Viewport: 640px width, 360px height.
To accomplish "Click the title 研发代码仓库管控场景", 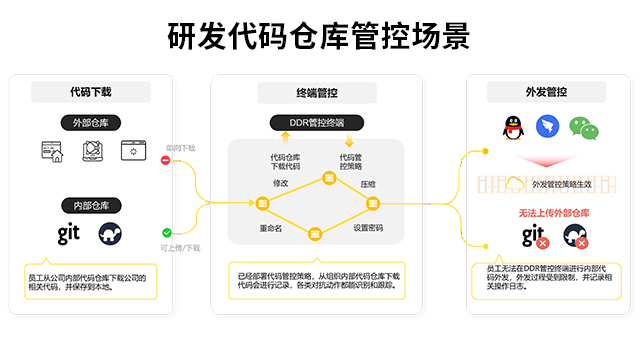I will [319, 37].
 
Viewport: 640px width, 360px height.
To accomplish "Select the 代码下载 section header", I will [90, 92].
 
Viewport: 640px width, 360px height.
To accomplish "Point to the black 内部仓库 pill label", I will [91, 205].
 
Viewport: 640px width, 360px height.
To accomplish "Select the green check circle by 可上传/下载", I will [166, 232].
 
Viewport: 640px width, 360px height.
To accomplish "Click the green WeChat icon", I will [582, 127].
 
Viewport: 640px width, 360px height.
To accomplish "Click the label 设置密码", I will [368, 227].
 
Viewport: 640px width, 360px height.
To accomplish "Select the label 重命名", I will [272, 227].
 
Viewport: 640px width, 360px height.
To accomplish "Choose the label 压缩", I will [367, 184].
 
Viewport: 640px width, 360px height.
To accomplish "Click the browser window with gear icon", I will [134, 150].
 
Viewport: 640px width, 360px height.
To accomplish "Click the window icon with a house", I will [53, 151].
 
